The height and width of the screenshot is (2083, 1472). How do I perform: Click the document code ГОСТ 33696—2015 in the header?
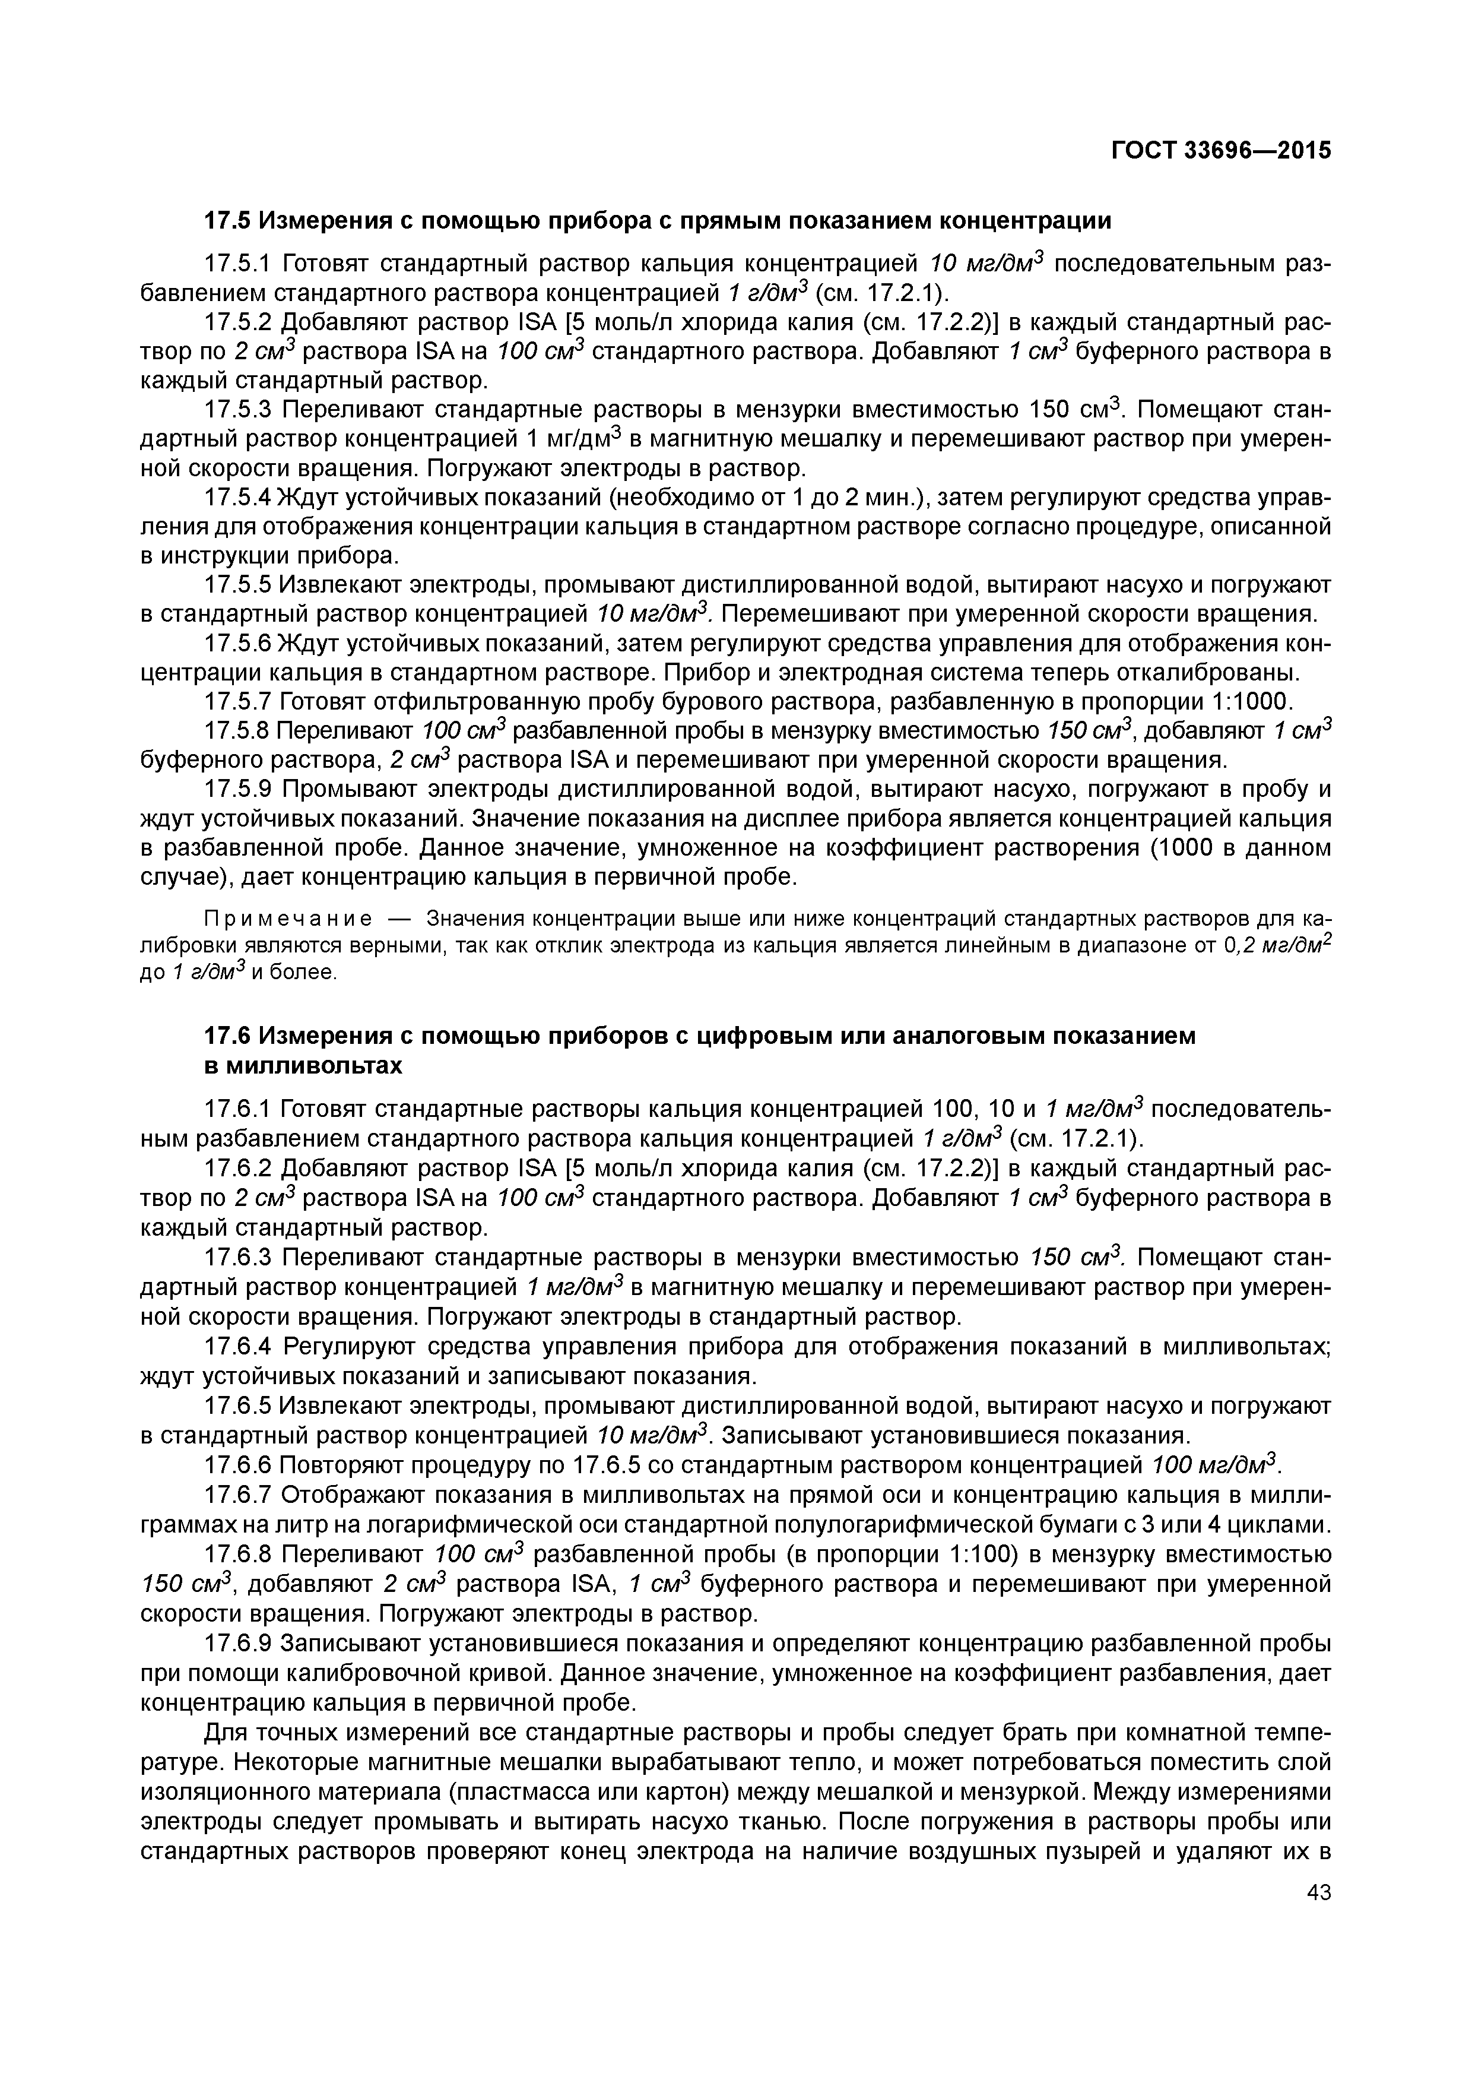[1222, 151]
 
